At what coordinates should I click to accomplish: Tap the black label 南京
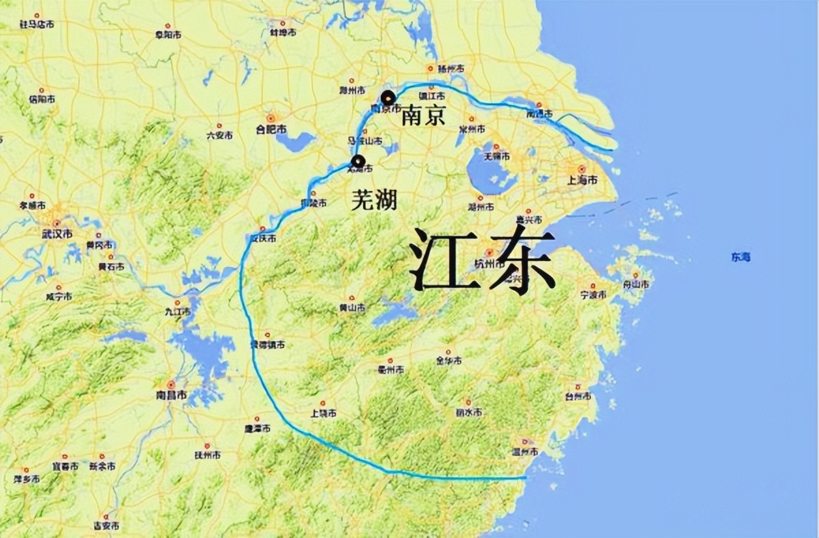click(x=423, y=115)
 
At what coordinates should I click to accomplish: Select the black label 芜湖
click(x=374, y=199)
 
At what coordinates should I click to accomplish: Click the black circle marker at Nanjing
click(x=388, y=98)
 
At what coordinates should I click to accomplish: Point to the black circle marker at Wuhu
click(x=358, y=162)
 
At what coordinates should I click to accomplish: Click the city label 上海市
click(x=581, y=180)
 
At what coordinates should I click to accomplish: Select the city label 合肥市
click(x=271, y=129)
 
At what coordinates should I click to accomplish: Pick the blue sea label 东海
click(x=741, y=257)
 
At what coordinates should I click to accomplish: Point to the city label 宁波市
click(x=593, y=295)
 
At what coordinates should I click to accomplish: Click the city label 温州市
click(x=525, y=452)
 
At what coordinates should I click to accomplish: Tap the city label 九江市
click(x=177, y=311)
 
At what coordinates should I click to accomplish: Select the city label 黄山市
click(x=352, y=308)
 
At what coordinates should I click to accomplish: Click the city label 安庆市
click(x=263, y=239)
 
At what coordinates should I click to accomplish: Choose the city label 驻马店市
click(x=37, y=25)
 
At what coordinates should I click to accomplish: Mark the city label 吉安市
click(x=106, y=526)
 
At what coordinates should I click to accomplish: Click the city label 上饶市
click(x=323, y=414)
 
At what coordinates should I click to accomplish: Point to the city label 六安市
click(x=219, y=135)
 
